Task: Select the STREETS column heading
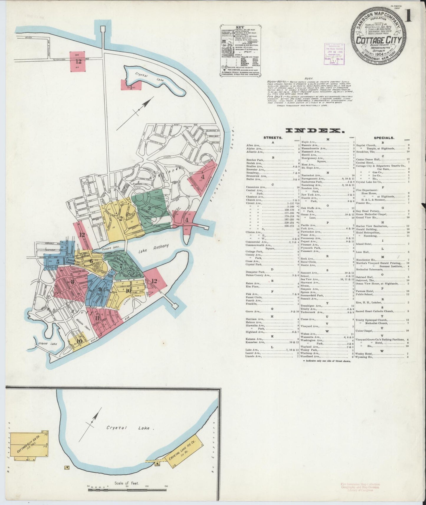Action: (x=273, y=138)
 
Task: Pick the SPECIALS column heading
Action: (x=384, y=138)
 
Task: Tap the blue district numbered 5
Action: (x=58, y=261)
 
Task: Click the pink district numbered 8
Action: (x=72, y=281)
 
